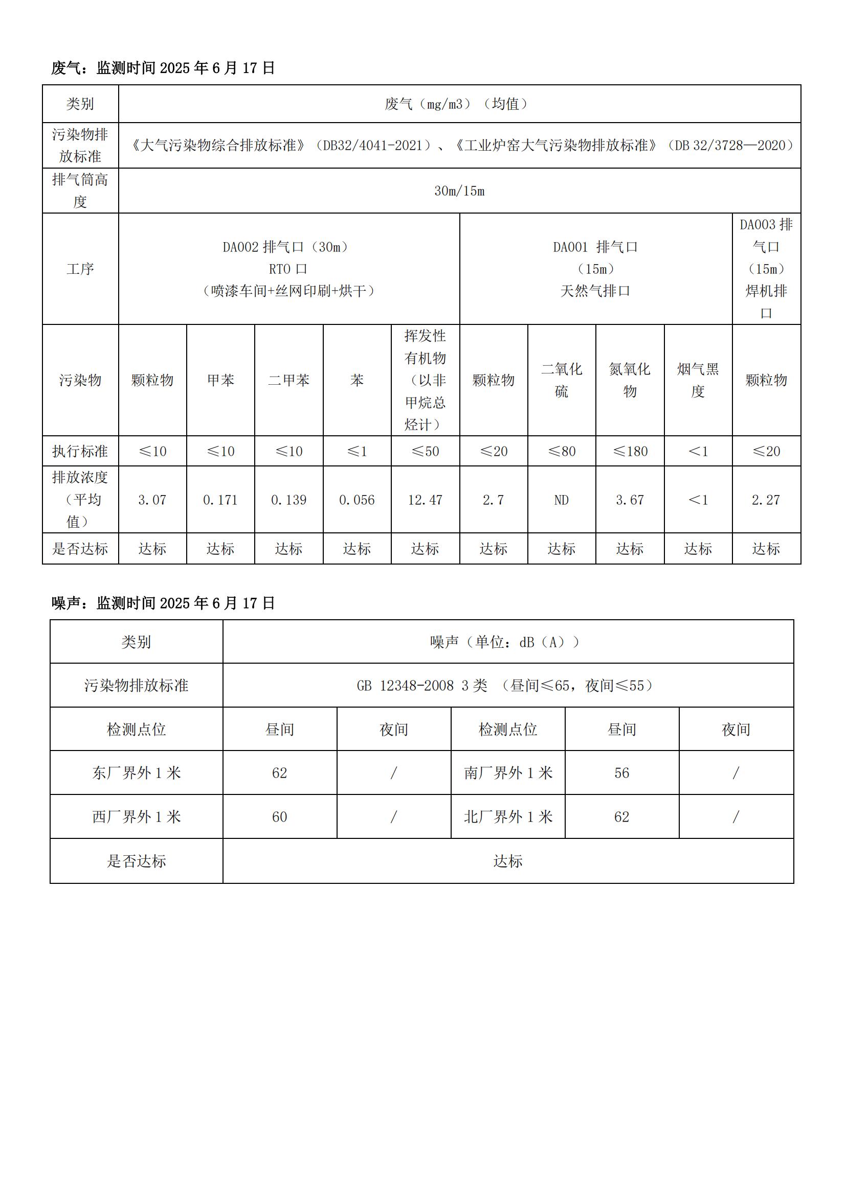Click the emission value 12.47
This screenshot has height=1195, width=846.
point(425,500)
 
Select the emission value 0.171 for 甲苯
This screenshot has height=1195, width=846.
point(220,500)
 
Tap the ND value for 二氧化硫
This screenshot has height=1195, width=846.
point(561,500)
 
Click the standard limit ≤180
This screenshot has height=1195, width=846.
point(630,451)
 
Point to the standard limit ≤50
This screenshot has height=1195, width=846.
point(425,451)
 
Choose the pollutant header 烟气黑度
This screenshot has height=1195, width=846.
point(698,380)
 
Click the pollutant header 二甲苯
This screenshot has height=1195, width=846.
point(288,381)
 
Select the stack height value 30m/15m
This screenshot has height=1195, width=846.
point(459,191)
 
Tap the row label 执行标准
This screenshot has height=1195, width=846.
point(80,451)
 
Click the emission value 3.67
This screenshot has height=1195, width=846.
point(630,500)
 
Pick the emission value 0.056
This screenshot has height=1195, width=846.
point(357,500)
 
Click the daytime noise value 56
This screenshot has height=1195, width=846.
point(621,773)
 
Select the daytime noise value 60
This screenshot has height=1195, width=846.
point(279,816)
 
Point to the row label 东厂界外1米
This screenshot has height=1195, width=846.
point(136,773)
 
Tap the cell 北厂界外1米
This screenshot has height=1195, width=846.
point(507,816)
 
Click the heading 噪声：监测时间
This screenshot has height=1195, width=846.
point(163,603)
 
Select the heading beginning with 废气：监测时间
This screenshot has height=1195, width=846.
point(163,68)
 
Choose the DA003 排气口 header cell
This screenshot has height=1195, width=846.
point(766,269)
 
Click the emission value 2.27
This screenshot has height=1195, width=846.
point(766,500)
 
